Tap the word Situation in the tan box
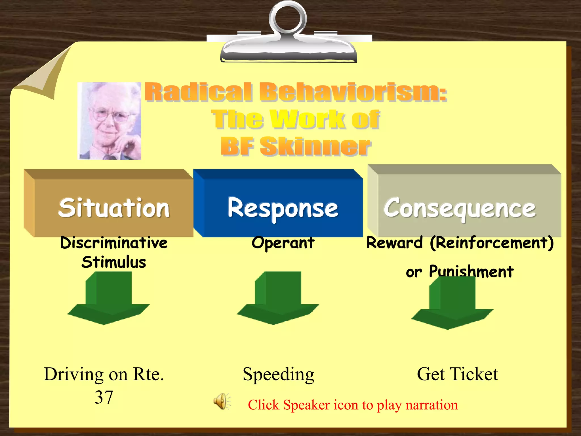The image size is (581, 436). (114, 208)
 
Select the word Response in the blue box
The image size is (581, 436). (283, 208)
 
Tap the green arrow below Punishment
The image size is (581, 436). (452, 305)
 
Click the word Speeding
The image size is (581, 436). (278, 374)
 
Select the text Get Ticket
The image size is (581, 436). (457, 374)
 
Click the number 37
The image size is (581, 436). (104, 397)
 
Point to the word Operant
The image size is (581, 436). (283, 243)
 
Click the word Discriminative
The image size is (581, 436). (114, 243)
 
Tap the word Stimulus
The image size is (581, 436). (114, 262)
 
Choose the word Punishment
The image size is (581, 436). (471, 271)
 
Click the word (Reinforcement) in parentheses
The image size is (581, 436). (491, 243)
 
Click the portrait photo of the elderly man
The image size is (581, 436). (110, 121)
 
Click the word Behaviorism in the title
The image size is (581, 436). (353, 92)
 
